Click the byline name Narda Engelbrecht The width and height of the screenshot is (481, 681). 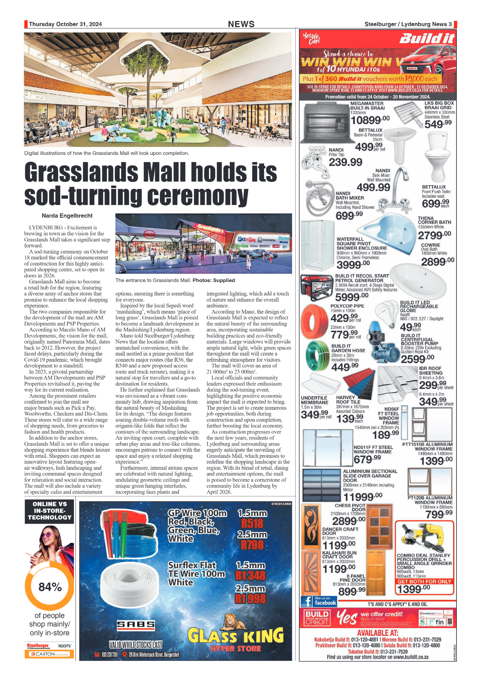pyautogui.click(x=67, y=216)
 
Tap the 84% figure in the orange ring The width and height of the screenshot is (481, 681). pyautogui.click(x=50, y=587)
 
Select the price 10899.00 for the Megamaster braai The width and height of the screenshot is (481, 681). pyautogui.click(x=370, y=120)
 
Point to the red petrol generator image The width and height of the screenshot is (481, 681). pyautogui.click(x=316, y=287)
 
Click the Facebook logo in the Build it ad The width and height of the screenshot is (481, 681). pyautogui.click(x=307, y=601)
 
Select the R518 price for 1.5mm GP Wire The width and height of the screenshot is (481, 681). pyautogui.click(x=252, y=523)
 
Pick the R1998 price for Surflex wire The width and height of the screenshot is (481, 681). pyautogui.click(x=250, y=599)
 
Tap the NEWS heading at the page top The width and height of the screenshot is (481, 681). pyautogui.click(x=241, y=24)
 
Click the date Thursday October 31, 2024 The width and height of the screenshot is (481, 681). pyautogui.click(x=65, y=24)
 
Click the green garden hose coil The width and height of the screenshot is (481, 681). pyautogui.click(x=318, y=355)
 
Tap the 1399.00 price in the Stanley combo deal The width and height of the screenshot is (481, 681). pyautogui.click(x=413, y=589)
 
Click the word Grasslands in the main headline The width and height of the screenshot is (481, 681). pyautogui.click(x=81, y=172)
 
